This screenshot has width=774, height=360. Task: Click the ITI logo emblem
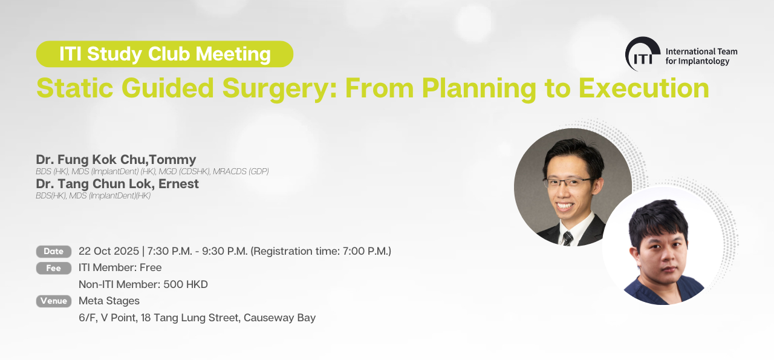point(642,54)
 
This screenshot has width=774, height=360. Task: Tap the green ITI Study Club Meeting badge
point(165,54)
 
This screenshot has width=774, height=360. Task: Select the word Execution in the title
point(644,88)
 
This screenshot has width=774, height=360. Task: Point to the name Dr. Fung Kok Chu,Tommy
point(116,159)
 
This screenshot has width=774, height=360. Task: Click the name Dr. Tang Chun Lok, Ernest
point(117,184)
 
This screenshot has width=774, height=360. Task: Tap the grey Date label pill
point(54,252)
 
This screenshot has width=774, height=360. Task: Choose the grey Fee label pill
point(54,268)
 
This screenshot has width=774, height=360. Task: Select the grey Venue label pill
point(54,301)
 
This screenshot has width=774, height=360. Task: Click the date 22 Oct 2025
point(109,251)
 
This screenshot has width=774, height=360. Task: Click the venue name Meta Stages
point(109,301)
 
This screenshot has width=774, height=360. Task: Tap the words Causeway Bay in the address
point(279,318)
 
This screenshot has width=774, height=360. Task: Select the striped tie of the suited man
point(568,238)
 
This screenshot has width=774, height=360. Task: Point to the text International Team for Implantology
point(701,56)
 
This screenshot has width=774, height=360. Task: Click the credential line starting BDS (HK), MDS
point(152,171)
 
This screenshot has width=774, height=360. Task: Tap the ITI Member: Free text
point(120,267)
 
